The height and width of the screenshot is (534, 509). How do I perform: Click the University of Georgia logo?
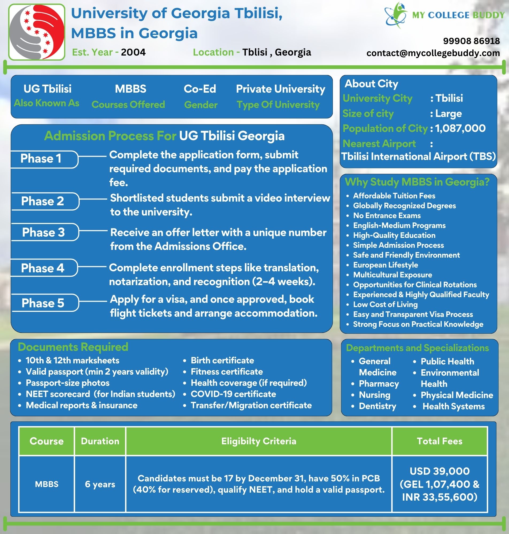coord(37,32)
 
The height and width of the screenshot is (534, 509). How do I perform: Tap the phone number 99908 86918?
coord(471,41)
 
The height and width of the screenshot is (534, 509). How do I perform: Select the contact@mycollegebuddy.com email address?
coord(433,53)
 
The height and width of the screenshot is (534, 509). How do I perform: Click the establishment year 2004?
coord(133,52)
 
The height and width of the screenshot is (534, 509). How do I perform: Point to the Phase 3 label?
coord(43,232)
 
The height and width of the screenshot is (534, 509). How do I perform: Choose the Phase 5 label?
coord(43,303)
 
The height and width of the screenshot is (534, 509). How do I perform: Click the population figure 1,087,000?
coord(460,128)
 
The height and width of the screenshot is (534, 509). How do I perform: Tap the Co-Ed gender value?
coord(200,89)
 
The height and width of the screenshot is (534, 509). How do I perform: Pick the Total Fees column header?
coord(439,441)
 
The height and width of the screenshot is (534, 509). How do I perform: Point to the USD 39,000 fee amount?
coord(439,471)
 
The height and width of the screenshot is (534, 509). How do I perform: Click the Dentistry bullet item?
coord(377,406)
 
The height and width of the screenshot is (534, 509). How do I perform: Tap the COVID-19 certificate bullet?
coord(233,394)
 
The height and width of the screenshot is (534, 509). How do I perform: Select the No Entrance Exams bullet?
coord(387,216)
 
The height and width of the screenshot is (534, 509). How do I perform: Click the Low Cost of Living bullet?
coord(385,305)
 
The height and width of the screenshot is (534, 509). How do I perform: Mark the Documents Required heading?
coord(73,347)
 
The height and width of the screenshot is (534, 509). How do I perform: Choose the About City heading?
coord(371,84)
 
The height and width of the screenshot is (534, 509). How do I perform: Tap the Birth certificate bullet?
coord(222,360)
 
